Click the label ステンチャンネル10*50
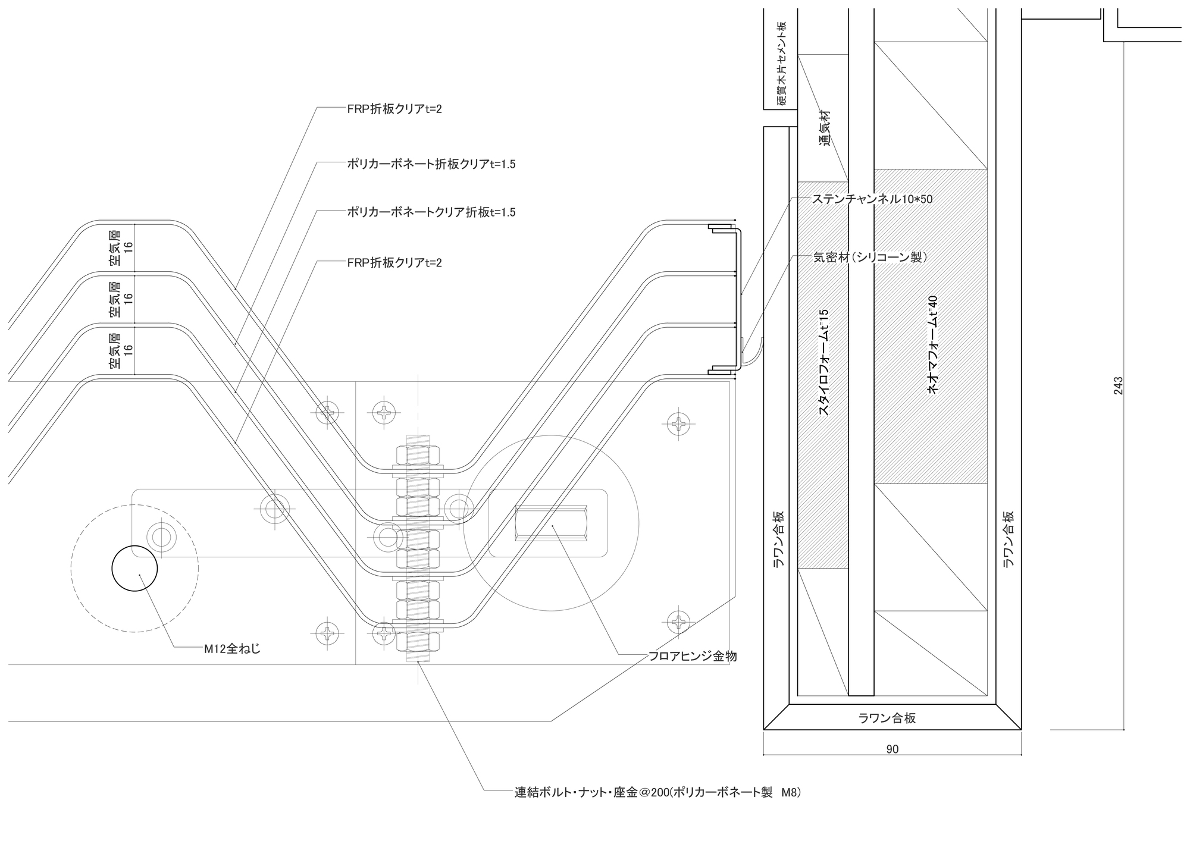tap(873, 199)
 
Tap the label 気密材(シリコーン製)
tap(870, 257)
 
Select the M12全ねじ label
tap(233, 649)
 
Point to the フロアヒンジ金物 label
tap(693, 656)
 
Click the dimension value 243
tap(1118, 386)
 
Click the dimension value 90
tap(892, 749)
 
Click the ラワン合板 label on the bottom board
tap(887, 718)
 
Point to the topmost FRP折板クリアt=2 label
tap(394, 109)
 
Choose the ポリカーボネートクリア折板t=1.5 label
tap(431, 212)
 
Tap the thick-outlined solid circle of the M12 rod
tap(135, 568)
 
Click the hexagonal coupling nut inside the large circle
tap(552, 523)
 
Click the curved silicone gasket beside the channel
tap(751, 357)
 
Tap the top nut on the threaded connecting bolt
tap(418, 456)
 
